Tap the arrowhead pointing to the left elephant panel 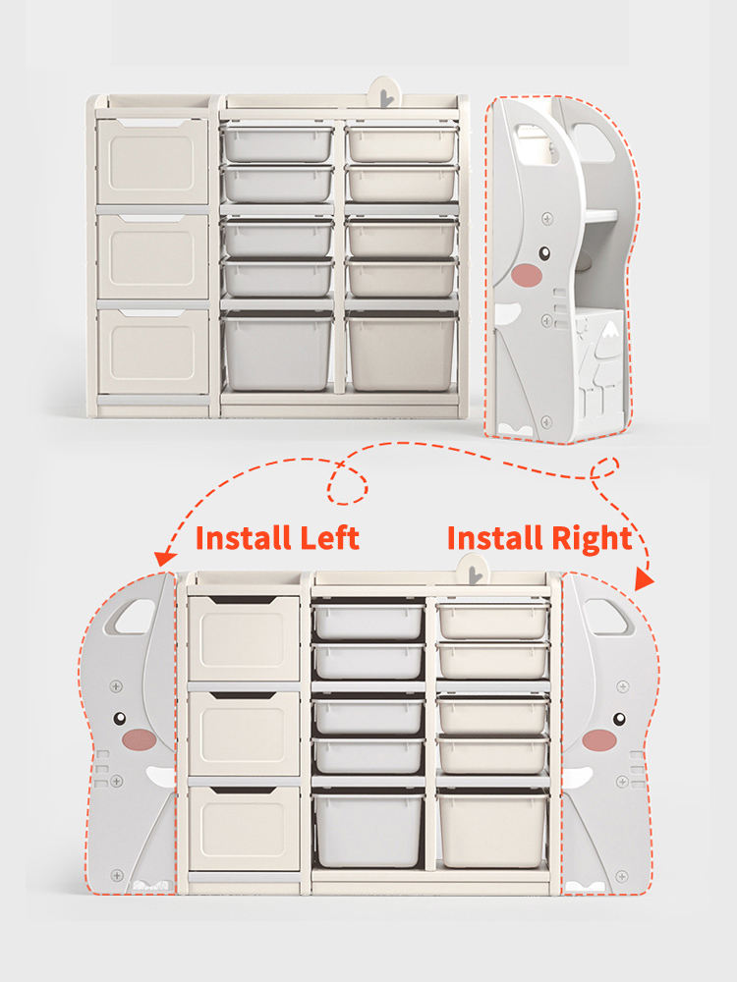[x=164, y=559]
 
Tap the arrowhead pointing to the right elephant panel [x=645, y=578]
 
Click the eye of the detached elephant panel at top [x=544, y=253]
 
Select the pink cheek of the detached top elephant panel [x=527, y=275]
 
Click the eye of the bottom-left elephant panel [x=120, y=719]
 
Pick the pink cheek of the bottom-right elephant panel [x=599, y=739]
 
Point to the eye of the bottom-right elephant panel [x=619, y=719]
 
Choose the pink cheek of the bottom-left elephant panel [x=140, y=739]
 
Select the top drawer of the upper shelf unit [x=152, y=161]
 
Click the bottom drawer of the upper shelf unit [x=153, y=352]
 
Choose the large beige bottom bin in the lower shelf [x=492, y=829]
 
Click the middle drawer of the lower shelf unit [x=244, y=734]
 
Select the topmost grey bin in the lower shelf [x=368, y=620]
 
